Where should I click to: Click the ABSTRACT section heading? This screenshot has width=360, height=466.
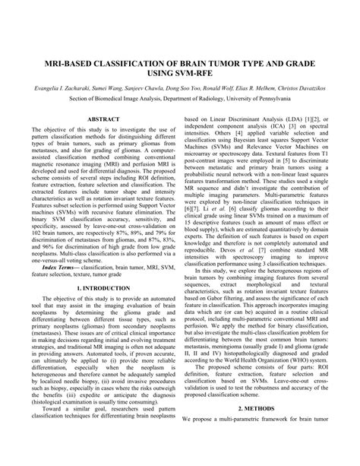103,119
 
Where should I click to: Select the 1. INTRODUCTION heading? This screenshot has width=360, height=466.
103,289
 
